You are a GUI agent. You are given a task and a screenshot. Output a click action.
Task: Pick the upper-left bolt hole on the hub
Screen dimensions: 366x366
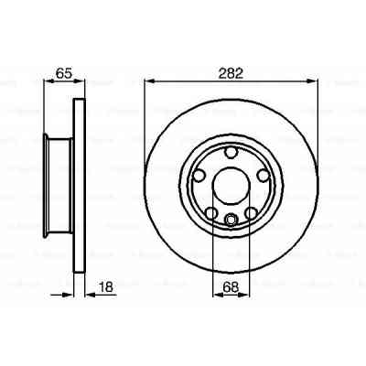199,174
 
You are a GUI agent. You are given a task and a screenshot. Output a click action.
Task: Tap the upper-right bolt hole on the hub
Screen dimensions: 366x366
262,174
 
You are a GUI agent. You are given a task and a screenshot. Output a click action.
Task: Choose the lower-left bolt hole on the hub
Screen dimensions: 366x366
211,213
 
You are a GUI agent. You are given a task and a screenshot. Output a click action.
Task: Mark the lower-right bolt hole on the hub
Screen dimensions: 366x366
250,213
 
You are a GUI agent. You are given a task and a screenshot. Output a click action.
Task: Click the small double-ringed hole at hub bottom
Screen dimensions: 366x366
231,218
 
